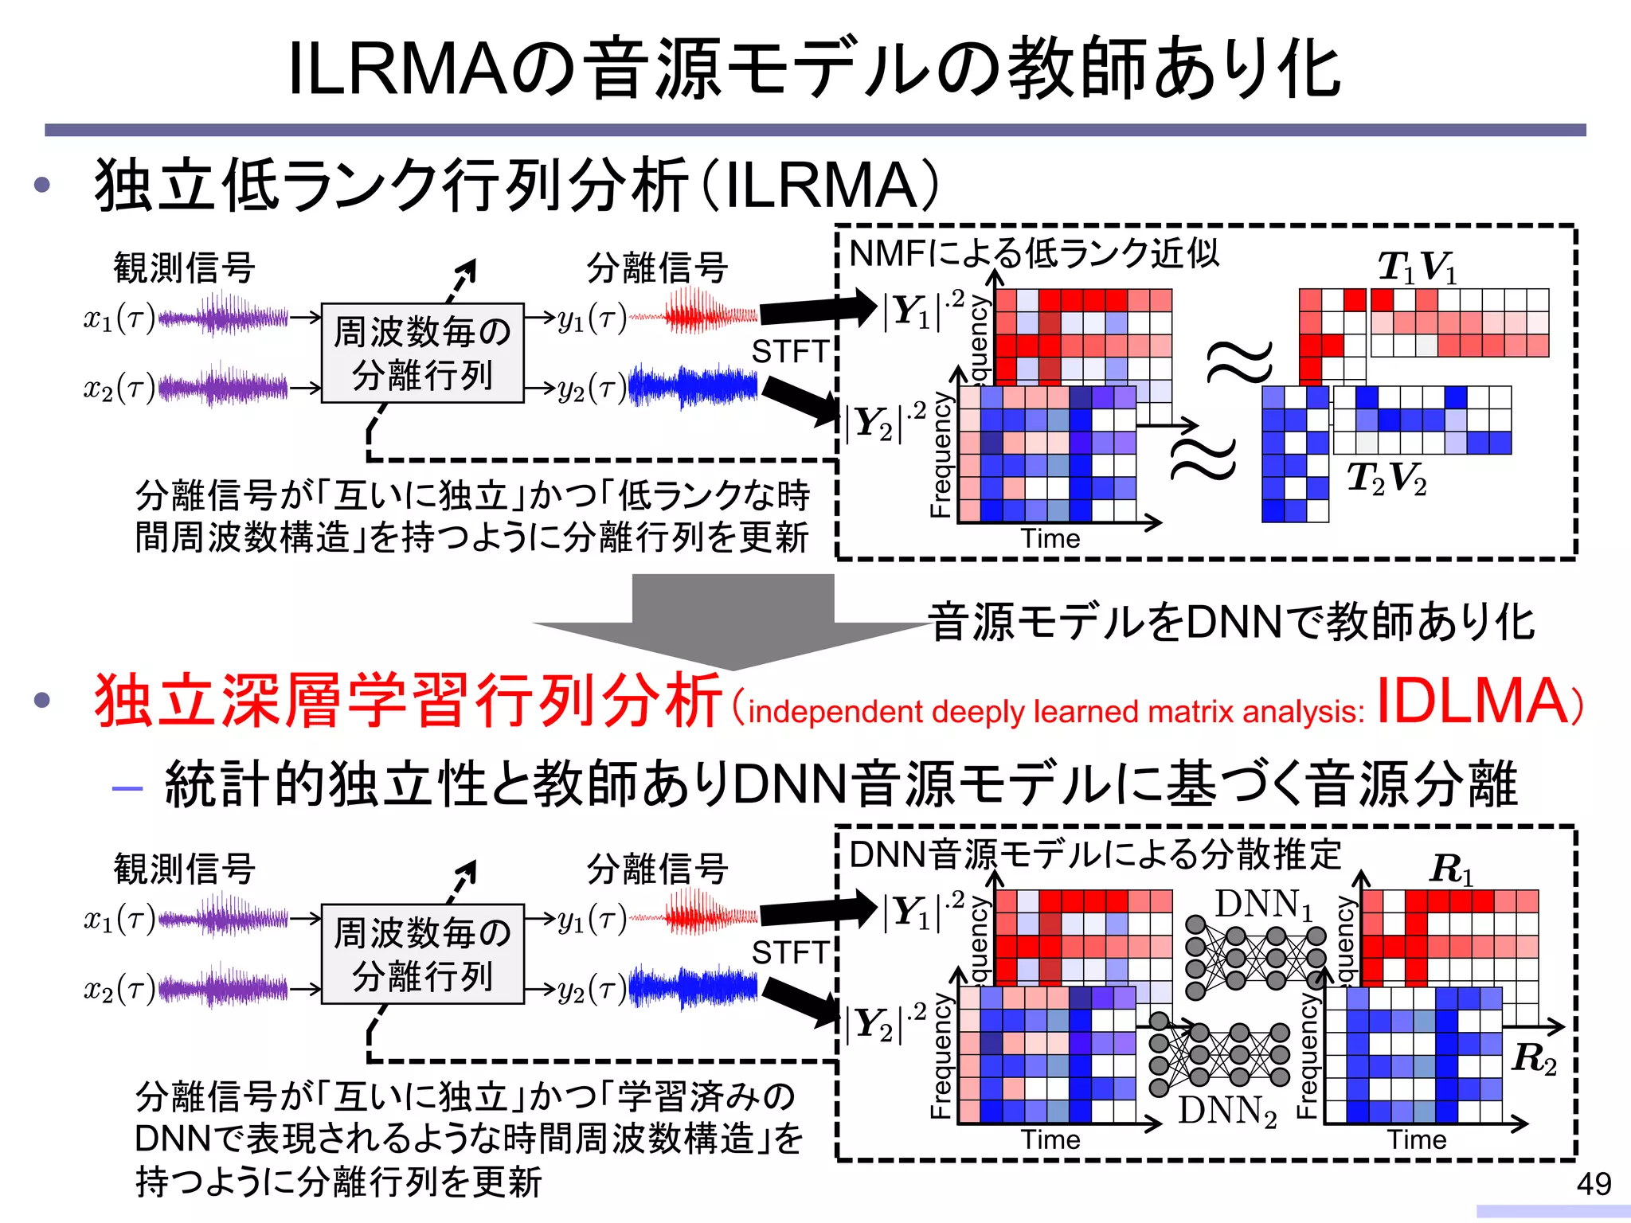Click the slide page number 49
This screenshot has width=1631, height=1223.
(1594, 1184)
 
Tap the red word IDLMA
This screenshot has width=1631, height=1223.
(1470, 701)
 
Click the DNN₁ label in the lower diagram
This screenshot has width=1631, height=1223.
(1263, 905)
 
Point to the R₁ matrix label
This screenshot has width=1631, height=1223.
(1451, 869)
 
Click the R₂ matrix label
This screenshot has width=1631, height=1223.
(1533, 1058)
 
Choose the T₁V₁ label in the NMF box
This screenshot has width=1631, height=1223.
(1418, 267)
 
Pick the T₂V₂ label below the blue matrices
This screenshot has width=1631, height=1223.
(1386, 478)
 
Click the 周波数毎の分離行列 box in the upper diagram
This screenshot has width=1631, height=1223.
(422, 353)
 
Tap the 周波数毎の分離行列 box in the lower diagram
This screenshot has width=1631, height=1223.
(422, 954)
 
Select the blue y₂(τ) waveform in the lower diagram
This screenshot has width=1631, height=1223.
(693, 987)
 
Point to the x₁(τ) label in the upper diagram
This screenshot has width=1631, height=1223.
(119, 318)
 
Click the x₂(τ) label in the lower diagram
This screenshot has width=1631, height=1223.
(119, 989)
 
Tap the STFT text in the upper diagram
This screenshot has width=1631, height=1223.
(789, 351)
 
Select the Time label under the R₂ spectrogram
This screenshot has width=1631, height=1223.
(1417, 1139)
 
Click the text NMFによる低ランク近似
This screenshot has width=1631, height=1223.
(1034, 254)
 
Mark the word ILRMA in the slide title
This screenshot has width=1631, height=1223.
(396, 70)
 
